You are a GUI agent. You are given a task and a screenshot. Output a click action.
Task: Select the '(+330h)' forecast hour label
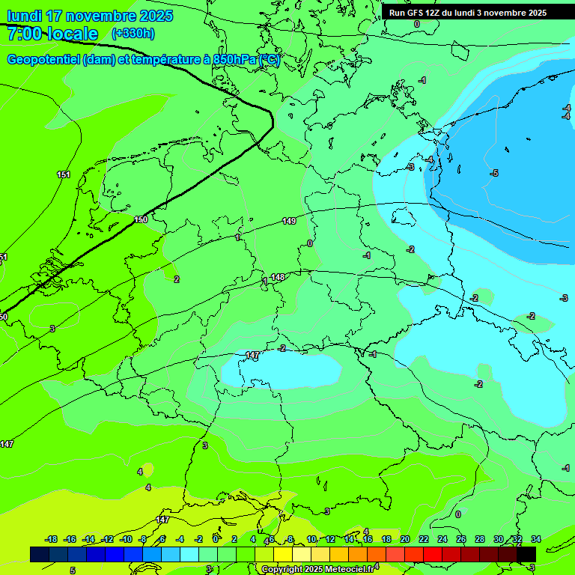coord(133,34)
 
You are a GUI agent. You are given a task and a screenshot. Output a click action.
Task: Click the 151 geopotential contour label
coord(64,174)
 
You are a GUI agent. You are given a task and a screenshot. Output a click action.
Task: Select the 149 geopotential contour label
coord(289,221)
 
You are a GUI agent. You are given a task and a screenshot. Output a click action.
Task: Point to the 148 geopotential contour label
coord(278,277)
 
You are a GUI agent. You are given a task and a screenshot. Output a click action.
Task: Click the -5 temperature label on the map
coord(494,174)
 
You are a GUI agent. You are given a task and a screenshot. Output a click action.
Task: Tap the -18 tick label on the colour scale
coord(51,539)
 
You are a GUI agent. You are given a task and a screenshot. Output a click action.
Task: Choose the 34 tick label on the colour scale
coord(535,539)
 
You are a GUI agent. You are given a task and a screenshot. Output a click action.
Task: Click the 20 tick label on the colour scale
coord(404,539)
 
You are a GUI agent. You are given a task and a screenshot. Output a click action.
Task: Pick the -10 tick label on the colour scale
coord(126,539)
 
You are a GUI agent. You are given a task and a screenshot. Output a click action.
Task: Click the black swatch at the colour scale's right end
coord(526,554)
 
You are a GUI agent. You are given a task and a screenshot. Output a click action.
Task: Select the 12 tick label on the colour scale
coord(330,539)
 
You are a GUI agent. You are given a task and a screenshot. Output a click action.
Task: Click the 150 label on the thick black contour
coord(141,219)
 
